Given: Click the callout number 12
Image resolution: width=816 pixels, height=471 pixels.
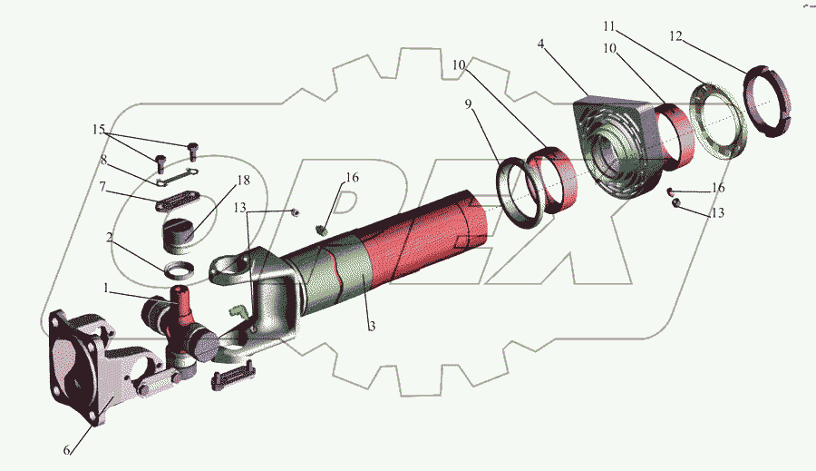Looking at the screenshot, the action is point(675,36).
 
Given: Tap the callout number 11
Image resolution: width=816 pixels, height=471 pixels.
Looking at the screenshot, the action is point(609,26).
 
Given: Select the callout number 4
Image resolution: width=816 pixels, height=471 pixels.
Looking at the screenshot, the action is point(541,44).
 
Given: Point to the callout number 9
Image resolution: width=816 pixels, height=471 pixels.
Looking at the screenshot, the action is point(469,104).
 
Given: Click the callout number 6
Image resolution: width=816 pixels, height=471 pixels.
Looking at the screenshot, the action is point(66,449).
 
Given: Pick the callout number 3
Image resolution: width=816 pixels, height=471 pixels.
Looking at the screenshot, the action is point(372,327).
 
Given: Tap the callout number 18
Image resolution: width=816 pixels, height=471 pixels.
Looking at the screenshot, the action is point(243,181).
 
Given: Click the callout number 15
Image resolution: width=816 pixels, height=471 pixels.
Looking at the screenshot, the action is point(99,129).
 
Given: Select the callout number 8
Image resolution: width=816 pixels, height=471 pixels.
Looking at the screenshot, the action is point(103,160).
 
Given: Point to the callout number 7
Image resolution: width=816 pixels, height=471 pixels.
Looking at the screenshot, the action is point(102,186).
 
